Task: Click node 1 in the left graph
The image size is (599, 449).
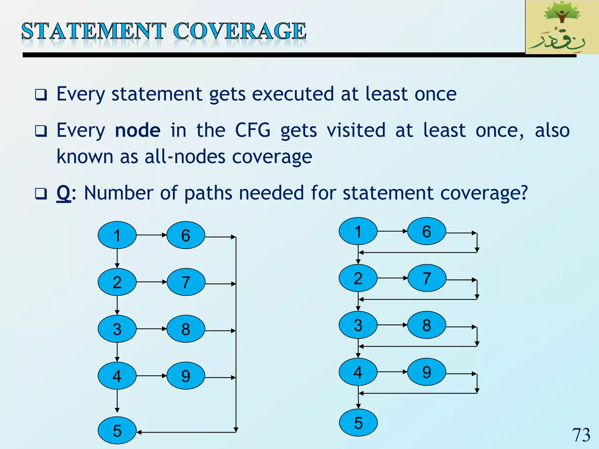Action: tap(117, 235)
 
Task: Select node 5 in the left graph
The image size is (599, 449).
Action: tap(117, 430)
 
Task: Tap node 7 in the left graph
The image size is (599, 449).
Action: tap(186, 282)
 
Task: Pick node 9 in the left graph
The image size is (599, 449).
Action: tap(186, 376)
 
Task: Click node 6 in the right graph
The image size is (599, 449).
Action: tap(426, 231)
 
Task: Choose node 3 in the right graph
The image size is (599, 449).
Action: tap(358, 325)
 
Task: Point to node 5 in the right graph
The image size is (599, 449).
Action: tap(358, 423)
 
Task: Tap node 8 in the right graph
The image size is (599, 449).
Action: tap(426, 325)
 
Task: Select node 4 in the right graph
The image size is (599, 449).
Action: tap(358, 372)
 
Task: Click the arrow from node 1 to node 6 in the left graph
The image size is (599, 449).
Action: tap(151, 235)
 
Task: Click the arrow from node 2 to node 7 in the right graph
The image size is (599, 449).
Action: tap(392, 278)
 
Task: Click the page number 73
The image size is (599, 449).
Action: tap(581, 435)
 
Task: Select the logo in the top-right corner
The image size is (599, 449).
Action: tap(562, 27)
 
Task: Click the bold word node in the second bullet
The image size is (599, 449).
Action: tap(137, 130)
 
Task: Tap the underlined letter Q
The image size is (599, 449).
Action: tap(63, 193)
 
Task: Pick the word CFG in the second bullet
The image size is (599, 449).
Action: tap(253, 130)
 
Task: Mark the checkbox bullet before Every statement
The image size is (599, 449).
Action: tap(41, 95)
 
